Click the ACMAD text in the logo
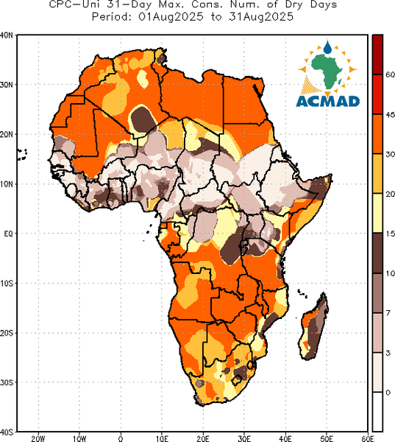pyautogui.click(x=328, y=102)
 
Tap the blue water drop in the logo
pyautogui.click(x=327, y=47)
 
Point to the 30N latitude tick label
pyautogui.click(x=6, y=85)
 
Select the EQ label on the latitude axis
pyautogui.click(x=8, y=234)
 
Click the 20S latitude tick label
pyautogui.click(x=6, y=333)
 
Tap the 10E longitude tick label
pyautogui.click(x=162, y=438)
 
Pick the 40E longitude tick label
pyautogui.click(x=285, y=438)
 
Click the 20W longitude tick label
pyautogui.click(x=38, y=438)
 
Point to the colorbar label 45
pyautogui.click(x=390, y=114)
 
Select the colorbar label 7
pyautogui.click(x=388, y=313)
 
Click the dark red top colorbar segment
pyautogui.click(x=377, y=55)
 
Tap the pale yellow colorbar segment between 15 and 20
pyautogui.click(x=377, y=213)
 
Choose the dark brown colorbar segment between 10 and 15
pyautogui.click(x=377, y=253)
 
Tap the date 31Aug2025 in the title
pyautogui.click(x=261, y=17)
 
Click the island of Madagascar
pyautogui.click(x=313, y=327)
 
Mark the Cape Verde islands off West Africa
pyautogui.click(x=22, y=155)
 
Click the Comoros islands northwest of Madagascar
pyautogui.click(x=302, y=293)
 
